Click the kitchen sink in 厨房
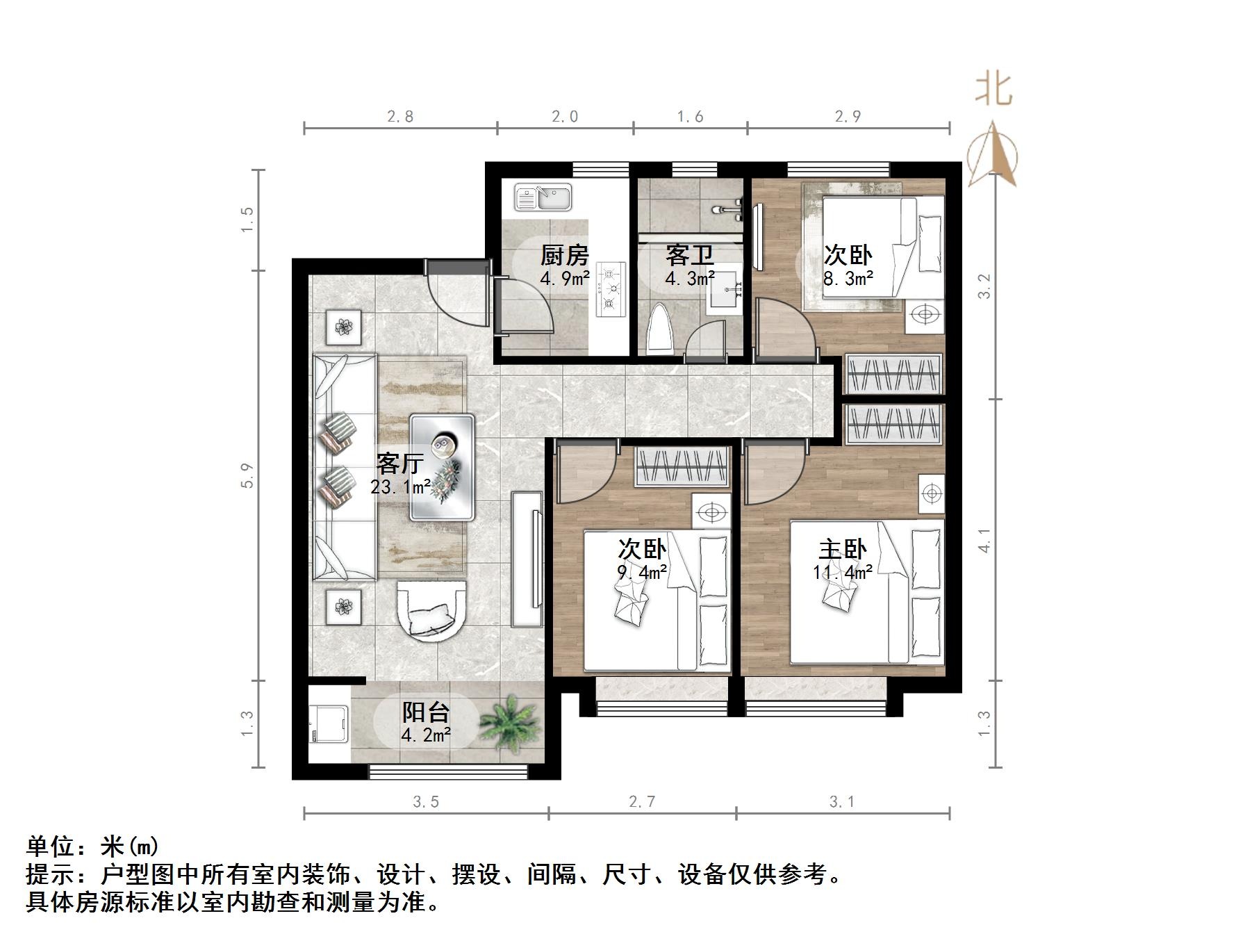coord(543,197)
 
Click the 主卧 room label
coord(842,549)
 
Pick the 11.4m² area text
coord(843,572)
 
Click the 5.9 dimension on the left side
coord(248,475)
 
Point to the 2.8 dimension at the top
coord(400,116)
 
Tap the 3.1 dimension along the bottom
coord(842,802)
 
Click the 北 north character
coord(993,90)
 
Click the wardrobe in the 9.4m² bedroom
coord(682,466)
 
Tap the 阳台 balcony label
coord(426,712)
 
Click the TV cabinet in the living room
coord(527,559)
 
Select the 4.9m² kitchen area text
coord(565,279)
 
